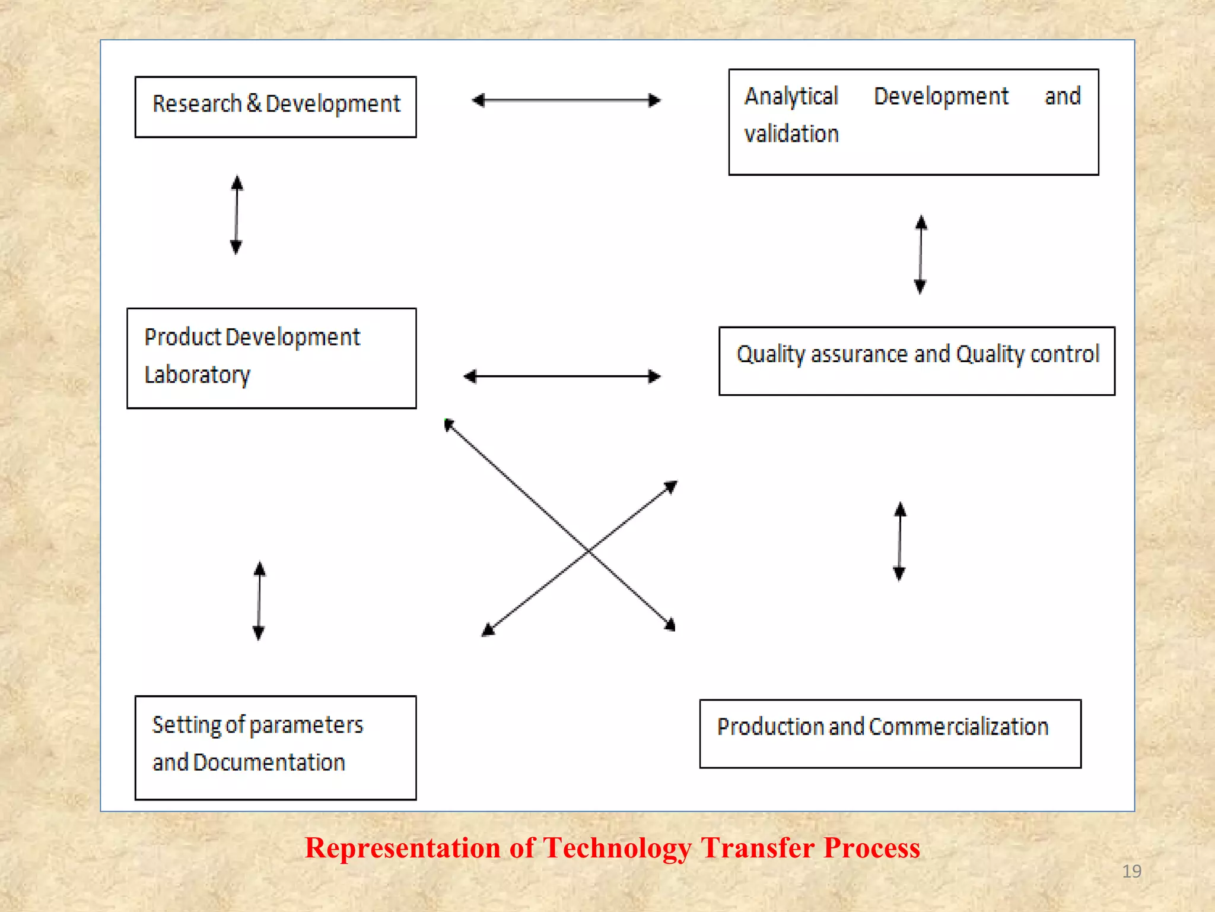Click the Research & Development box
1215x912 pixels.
pyautogui.click(x=275, y=107)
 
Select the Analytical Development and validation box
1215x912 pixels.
pyautogui.click(x=913, y=122)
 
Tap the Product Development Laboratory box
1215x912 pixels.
pyautogui.click(x=271, y=358)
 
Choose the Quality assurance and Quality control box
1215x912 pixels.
pyautogui.click(x=917, y=361)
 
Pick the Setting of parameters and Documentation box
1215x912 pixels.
pyautogui.click(x=275, y=748)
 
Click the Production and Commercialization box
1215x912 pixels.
pyautogui.click(x=890, y=734)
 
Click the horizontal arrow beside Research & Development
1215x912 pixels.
pyautogui.click(x=566, y=100)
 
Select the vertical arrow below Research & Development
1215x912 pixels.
pyautogui.click(x=237, y=215)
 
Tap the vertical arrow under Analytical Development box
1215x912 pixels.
pyautogui.click(x=921, y=255)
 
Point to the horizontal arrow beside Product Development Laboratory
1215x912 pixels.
pyautogui.click(x=562, y=376)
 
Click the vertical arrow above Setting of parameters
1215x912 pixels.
pyautogui.click(x=259, y=601)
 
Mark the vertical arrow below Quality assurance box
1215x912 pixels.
pyautogui.click(x=900, y=541)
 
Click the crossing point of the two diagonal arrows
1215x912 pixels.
pyautogui.click(x=588, y=552)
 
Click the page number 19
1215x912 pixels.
pyautogui.click(x=1131, y=871)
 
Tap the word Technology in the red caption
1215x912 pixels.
pyautogui.click(x=617, y=848)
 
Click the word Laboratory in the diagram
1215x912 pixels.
pyautogui.click(x=198, y=375)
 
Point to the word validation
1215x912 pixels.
pyautogui.click(x=791, y=134)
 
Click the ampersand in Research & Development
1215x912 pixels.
pyautogui.click(x=254, y=103)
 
